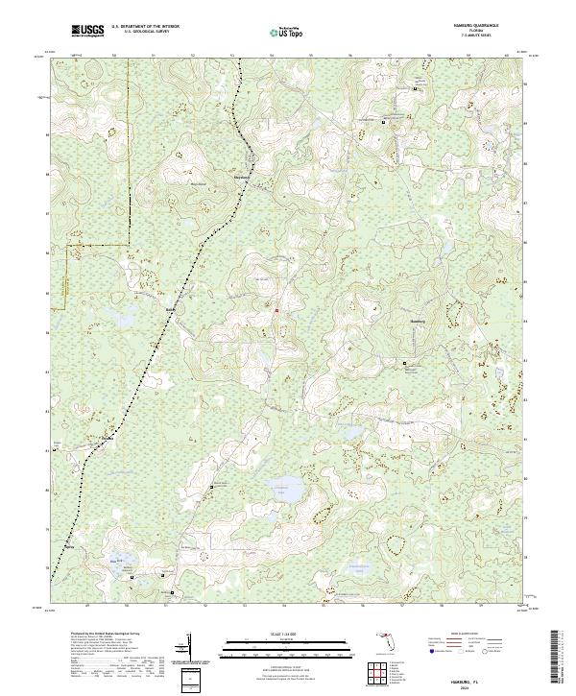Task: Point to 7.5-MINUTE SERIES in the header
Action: coord(484,37)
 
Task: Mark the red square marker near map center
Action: coord(276,311)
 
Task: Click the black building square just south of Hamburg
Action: coord(404,364)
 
